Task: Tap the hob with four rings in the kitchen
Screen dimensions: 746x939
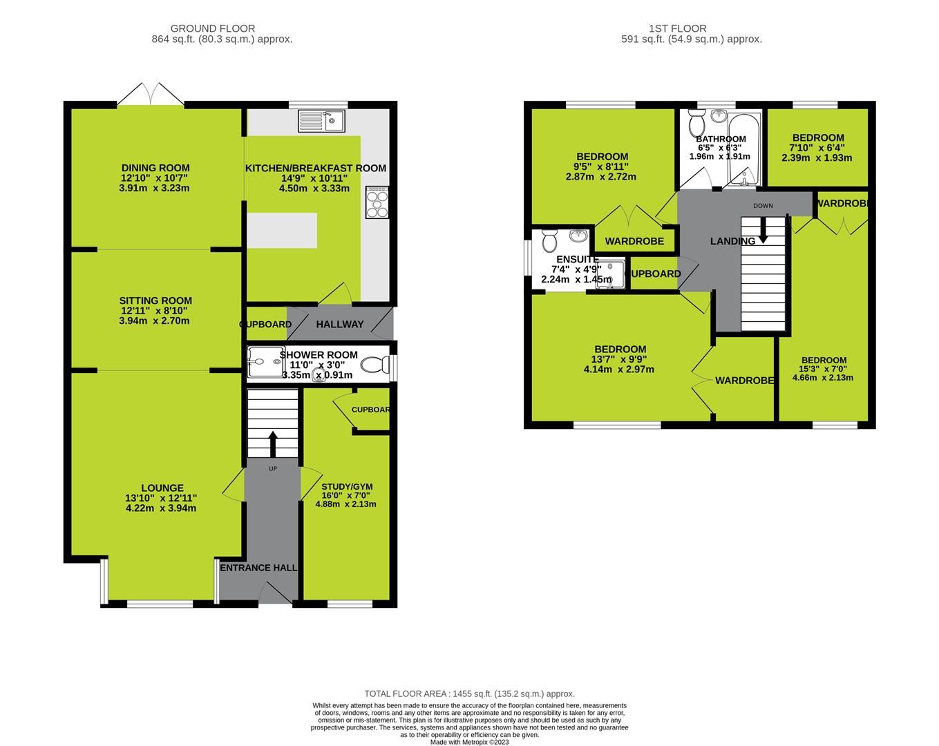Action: click(x=378, y=203)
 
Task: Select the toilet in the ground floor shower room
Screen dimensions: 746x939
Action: click(x=375, y=364)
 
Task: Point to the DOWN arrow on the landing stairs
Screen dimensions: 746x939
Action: click(x=763, y=230)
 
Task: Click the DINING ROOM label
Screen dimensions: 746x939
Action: click(x=155, y=168)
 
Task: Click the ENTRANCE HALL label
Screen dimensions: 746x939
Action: click(x=258, y=568)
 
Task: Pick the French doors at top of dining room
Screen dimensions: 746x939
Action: click(x=151, y=95)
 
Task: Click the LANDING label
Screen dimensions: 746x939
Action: click(x=733, y=242)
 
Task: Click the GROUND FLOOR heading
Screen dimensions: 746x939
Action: click(x=212, y=28)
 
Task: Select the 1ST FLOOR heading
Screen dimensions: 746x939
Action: click(x=677, y=28)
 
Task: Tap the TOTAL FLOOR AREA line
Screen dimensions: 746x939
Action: click(x=469, y=694)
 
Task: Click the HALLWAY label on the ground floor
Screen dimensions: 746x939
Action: click(x=339, y=325)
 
